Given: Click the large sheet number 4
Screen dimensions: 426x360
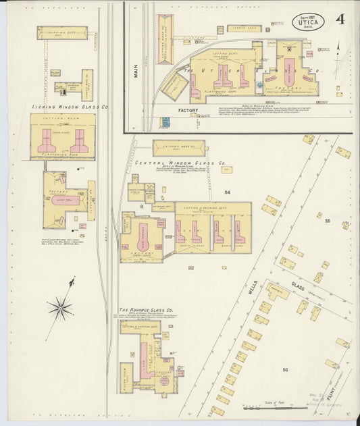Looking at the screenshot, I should click(x=340, y=19).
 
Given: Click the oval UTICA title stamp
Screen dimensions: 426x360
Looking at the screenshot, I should click(x=308, y=22).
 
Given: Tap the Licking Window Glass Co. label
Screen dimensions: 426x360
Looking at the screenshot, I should click(x=70, y=107).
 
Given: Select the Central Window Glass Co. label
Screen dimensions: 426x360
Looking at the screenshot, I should click(x=180, y=163).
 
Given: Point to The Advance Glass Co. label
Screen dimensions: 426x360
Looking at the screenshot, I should click(x=146, y=311).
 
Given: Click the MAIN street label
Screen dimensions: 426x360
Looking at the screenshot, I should click(x=135, y=70).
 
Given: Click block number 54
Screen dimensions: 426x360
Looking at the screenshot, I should click(x=228, y=192).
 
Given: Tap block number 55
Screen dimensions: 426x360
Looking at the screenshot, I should click(x=328, y=221).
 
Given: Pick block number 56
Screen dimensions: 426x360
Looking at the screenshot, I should click(x=285, y=369).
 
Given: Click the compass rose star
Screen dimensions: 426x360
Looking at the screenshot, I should click(x=61, y=309).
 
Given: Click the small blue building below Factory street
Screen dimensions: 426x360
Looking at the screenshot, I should click(x=165, y=122).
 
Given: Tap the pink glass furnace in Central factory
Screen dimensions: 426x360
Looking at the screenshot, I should click(x=143, y=237).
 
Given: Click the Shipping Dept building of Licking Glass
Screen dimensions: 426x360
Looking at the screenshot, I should click(x=62, y=32).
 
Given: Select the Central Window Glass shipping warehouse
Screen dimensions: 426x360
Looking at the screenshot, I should click(x=178, y=148).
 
